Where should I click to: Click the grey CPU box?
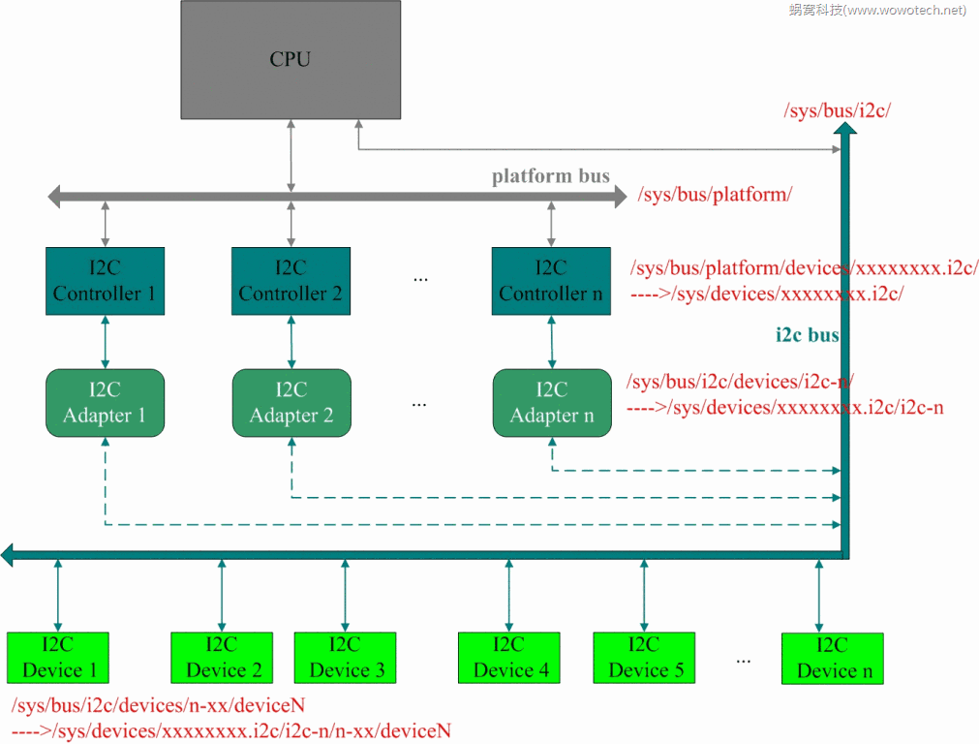(291, 60)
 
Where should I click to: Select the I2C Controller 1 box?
(105, 281)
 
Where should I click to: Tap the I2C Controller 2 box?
(291, 281)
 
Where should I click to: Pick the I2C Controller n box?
(551, 281)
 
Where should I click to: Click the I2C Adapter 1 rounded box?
(105, 403)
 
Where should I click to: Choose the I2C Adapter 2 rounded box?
(291, 403)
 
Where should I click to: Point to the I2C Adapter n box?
(552, 403)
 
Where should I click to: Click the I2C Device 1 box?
(58, 658)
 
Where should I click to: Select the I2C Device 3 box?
(346, 658)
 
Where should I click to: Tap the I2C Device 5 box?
(644, 658)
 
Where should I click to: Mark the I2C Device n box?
(833, 659)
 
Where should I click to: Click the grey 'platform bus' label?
(551, 176)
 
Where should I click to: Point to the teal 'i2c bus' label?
(808, 335)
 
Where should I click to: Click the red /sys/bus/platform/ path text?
(715, 195)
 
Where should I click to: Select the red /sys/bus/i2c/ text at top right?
(838, 110)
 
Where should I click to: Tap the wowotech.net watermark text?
(877, 10)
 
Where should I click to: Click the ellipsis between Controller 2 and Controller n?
(421, 279)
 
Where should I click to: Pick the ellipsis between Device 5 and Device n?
(743, 661)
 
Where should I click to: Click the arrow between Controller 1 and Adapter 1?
(105, 342)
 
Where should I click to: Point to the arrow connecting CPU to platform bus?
(291, 156)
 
